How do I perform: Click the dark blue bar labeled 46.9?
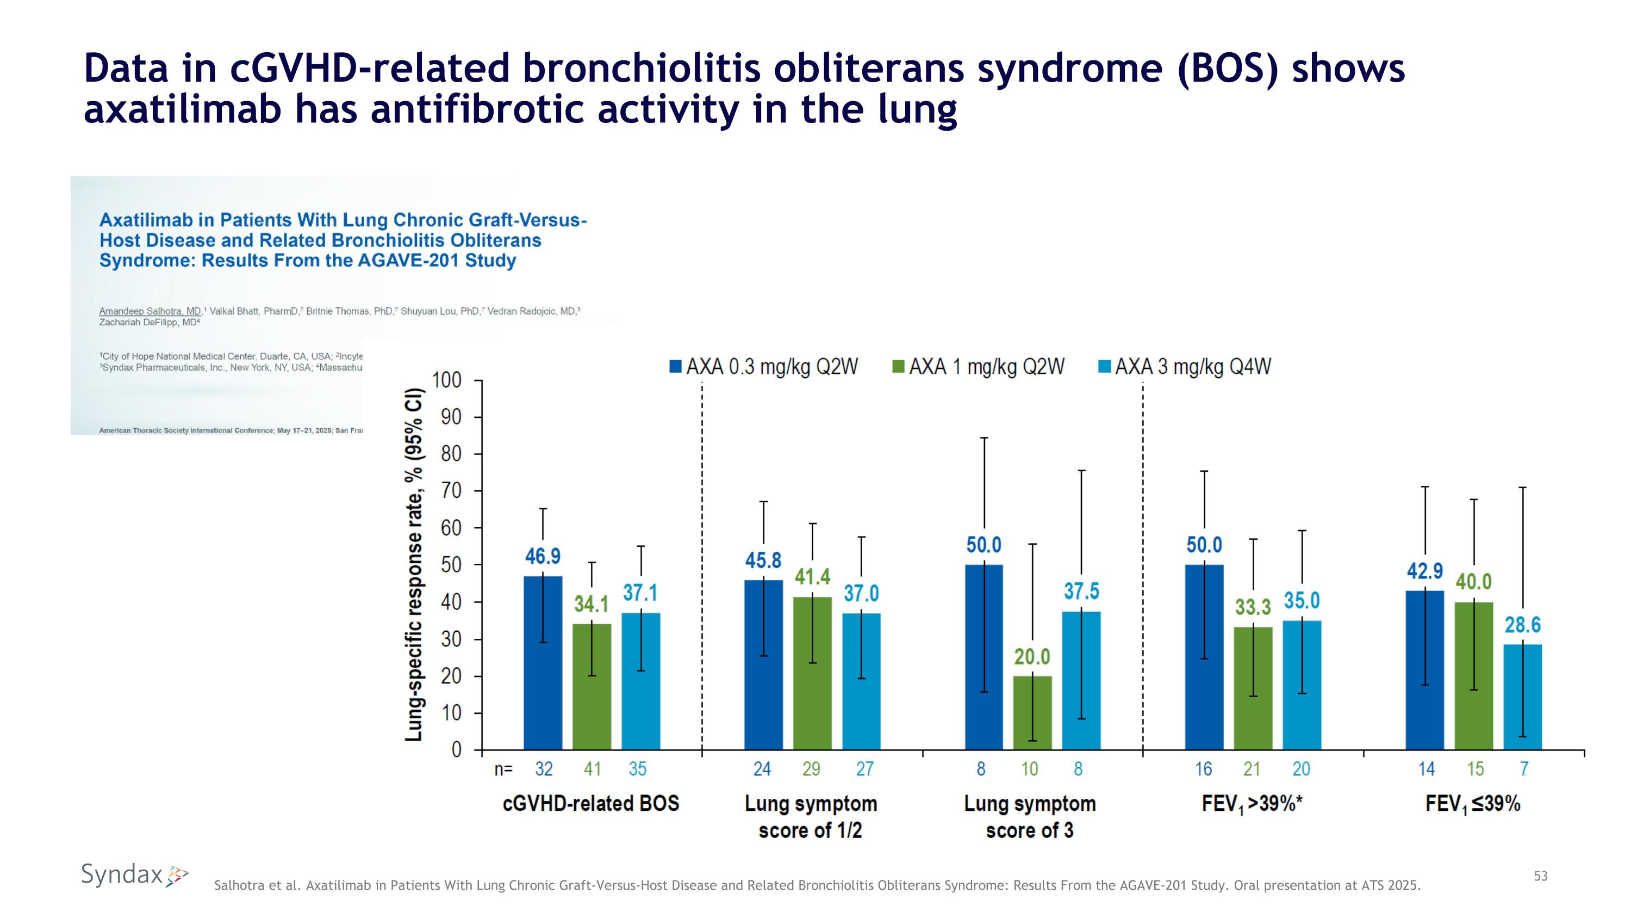[543, 663]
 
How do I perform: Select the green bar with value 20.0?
[1032, 713]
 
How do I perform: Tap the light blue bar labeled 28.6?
[1522, 697]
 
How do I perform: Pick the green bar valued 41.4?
[812, 674]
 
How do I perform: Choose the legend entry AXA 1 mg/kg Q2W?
[978, 366]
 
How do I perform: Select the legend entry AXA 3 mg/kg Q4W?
[1185, 366]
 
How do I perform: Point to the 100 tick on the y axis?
[446, 380]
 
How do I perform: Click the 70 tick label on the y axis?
[451, 491]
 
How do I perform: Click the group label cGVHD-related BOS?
[591, 803]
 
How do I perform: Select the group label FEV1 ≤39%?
[1473, 805]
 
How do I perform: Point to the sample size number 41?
[592, 768]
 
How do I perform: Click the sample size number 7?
[1524, 768]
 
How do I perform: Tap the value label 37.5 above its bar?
[1081, 591]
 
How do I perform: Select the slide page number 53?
[1540, 876]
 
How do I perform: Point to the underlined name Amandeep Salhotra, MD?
[150, 311]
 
